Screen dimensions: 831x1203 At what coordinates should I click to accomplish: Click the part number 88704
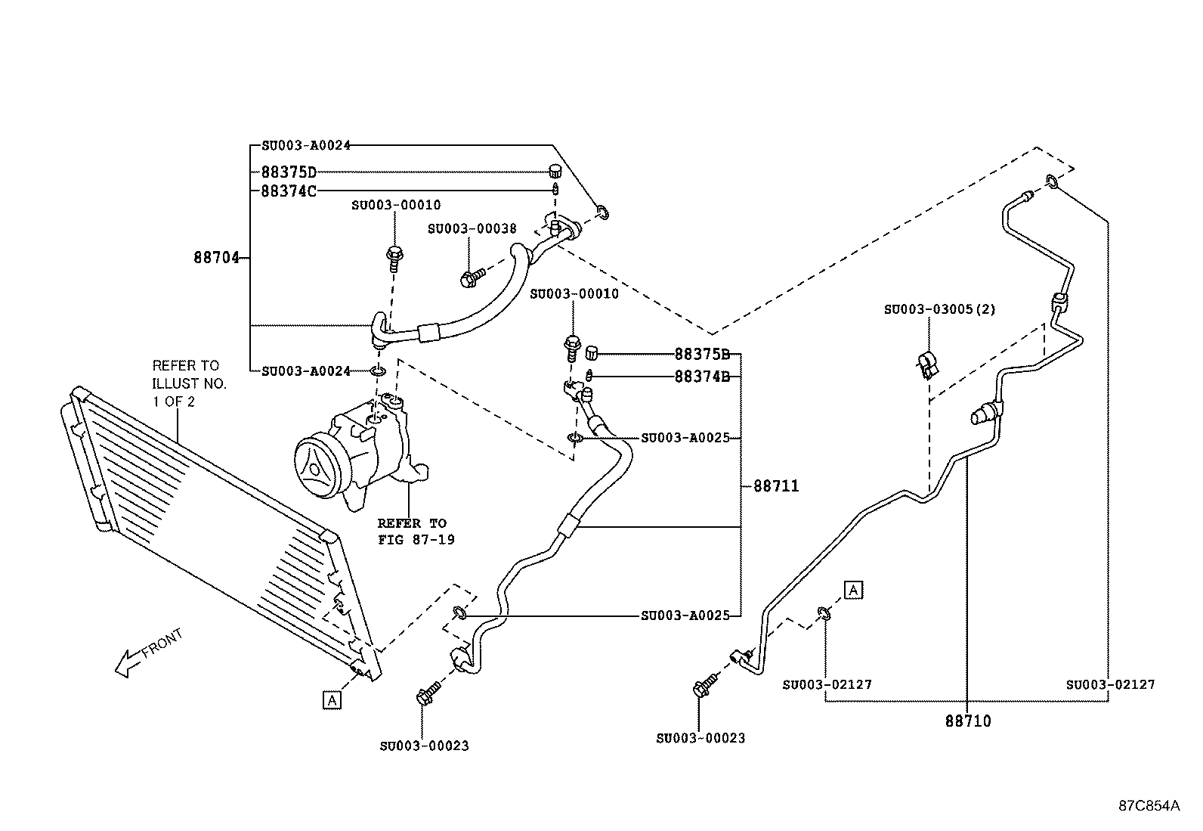(x=216, y=258)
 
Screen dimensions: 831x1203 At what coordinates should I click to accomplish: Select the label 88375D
(x=289, y=172)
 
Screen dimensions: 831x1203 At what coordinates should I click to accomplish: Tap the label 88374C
(x=289, y=191)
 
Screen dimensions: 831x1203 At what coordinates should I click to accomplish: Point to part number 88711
(x=776, y=486)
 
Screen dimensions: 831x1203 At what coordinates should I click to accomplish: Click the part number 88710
(x=967, y=721)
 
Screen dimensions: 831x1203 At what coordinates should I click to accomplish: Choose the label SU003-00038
(x=472, y=228)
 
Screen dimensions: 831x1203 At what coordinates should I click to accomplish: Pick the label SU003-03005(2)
(x=940, y=309)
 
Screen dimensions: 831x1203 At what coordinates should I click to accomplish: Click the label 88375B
(x=702, y=354)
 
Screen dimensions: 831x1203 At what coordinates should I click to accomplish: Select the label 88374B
(x=702, y=376)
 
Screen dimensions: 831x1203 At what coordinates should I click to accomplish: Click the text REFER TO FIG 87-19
(x=416, y=531)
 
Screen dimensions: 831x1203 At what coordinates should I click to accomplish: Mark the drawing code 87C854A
(x=1149, y=805)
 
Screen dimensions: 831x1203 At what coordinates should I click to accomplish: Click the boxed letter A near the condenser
(x=332, y=700)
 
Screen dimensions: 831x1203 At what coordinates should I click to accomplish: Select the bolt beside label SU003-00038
(x=469, y=279)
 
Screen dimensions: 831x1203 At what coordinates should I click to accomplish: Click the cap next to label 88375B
(x=591, y=350)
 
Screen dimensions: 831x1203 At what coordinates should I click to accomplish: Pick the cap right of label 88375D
(x=555, y=170)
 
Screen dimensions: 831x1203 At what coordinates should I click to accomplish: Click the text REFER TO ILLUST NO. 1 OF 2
(x=189, y=383)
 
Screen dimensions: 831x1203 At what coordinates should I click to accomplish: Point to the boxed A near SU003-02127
(x=853, y=589)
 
